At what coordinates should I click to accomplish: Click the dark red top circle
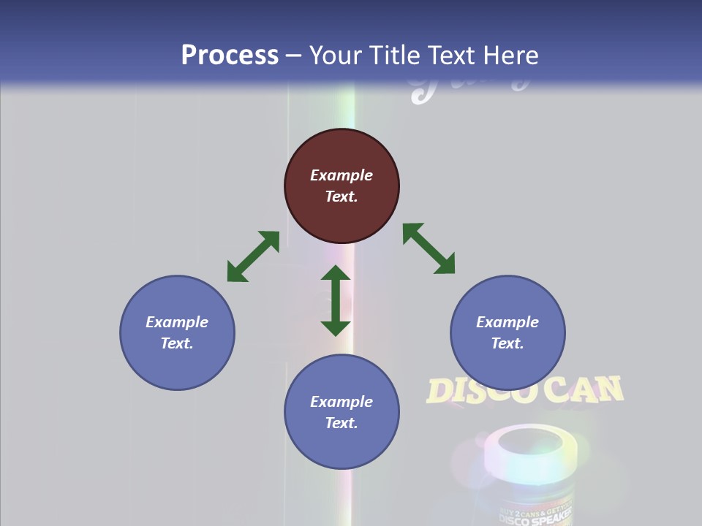click(x=341, y=186)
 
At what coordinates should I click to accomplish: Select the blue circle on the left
click(x=177, y=332)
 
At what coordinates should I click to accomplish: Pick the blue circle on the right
click(x=507, y=332)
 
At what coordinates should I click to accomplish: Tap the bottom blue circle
click(x=341, y=412)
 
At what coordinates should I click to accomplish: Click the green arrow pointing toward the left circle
click(x=253, y=256)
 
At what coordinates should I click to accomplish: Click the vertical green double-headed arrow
click(x=336, y=300)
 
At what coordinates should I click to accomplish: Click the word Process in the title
click(x=230, y=55)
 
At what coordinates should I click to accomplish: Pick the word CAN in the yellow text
click(x=584, y=389)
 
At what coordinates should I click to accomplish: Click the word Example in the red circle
click(x=341, y=175)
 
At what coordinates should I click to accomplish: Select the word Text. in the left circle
click(x=177, y=343)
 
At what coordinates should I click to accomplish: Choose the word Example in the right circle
click(x=507, y=322)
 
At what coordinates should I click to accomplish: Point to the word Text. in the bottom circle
click(x=341, y=423)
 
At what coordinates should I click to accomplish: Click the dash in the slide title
click(x=294, y=56)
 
